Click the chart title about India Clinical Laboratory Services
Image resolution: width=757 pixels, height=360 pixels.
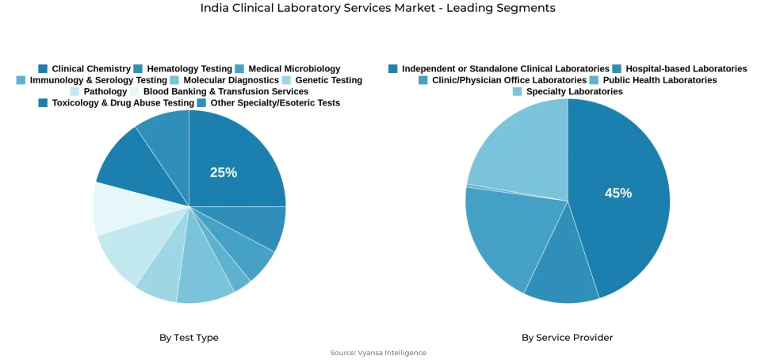click(378, 8)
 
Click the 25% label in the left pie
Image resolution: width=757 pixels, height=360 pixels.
click(224, 172)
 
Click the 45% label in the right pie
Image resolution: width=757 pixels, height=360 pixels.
click(618, 193)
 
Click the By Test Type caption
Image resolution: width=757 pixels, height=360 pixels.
click(189, 338)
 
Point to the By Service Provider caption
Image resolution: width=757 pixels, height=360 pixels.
click(567, 338)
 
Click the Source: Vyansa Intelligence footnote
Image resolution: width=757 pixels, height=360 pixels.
click(378, 353)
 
